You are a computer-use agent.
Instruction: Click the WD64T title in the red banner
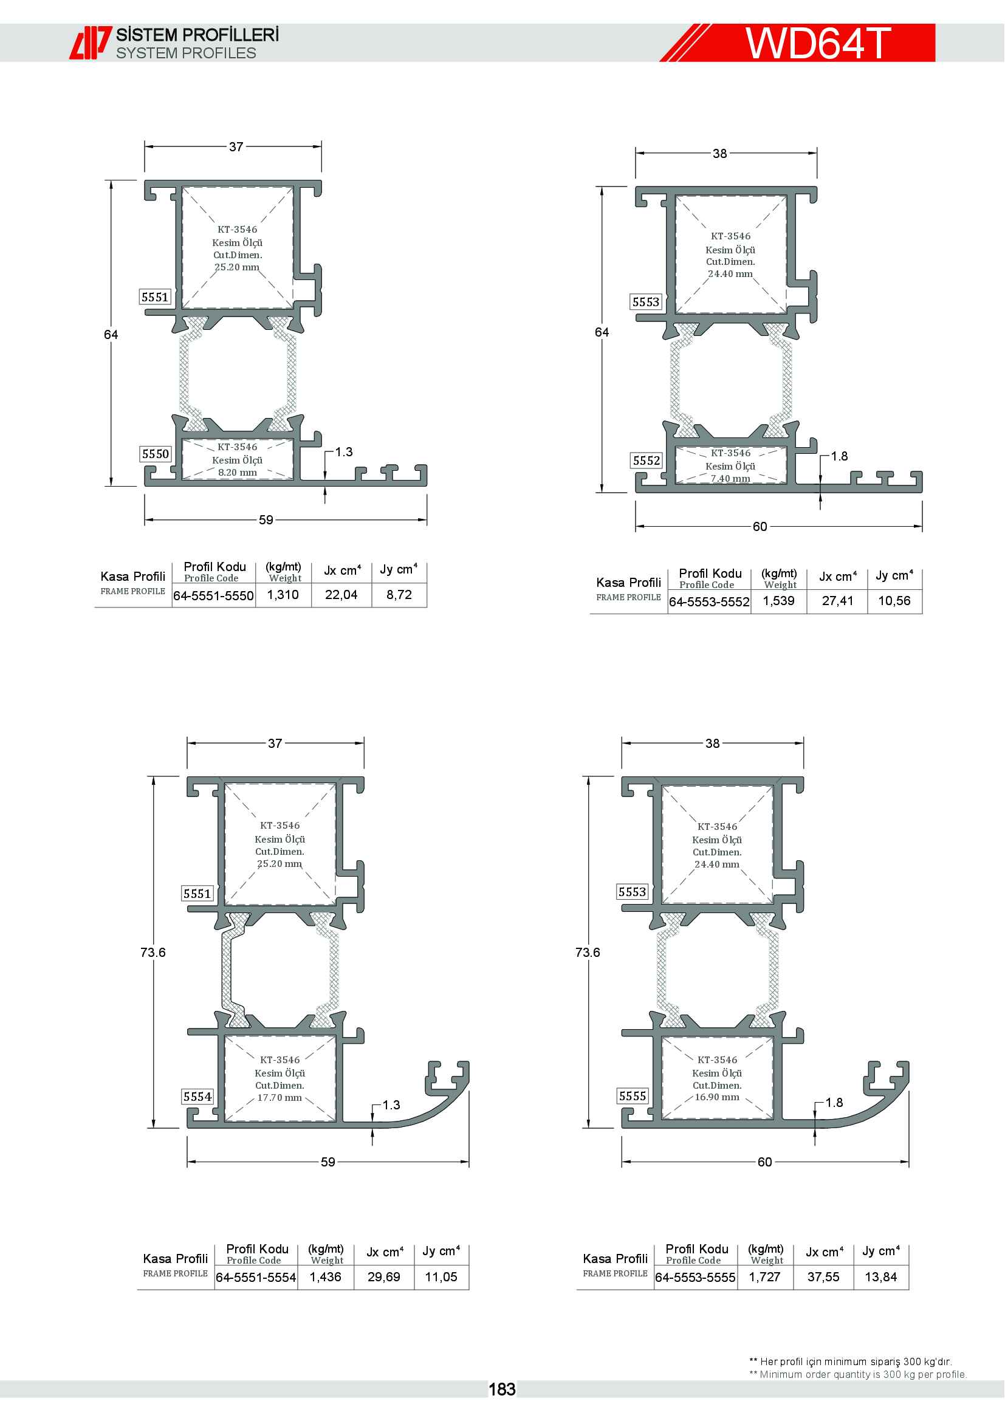pos(817,43)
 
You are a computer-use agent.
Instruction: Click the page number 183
pos(502,1389)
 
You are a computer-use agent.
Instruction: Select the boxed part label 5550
pos(156,454)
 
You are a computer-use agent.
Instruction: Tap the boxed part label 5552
pos(646,461)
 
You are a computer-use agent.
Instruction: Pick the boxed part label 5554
pos(197,1097)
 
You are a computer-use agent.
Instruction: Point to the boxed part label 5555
pos(633,1096)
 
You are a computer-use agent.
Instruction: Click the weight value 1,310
pos(283,595)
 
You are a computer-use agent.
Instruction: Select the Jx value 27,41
pos(837,601)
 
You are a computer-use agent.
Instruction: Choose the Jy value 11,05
pos(441,1277)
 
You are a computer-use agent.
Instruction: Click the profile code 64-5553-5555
pos(695,1278)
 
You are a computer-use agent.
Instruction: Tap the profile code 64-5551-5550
pos(213,595)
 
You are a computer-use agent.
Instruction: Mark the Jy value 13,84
pos(880,1277)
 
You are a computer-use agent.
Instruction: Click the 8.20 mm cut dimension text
pos(237,472)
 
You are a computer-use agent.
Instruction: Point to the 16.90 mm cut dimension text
pos(716,1097)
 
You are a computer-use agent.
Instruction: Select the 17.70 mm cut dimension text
pos(280,1097)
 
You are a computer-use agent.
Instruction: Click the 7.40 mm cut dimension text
pos(730,478)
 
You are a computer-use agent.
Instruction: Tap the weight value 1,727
pos(765,1277)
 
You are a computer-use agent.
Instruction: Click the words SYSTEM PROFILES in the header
pos(187,53)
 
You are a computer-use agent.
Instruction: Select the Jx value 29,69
pos(383,1277)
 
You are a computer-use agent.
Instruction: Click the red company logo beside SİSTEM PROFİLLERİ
pos(91,43)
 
